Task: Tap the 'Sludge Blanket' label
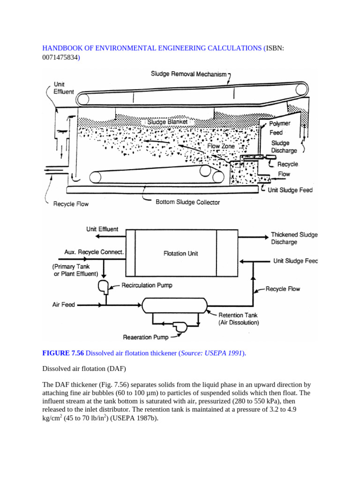coord(167,122)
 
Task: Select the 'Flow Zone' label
coord(221,146)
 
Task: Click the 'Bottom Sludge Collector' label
coord(187,202)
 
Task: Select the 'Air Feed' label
coord(63,305)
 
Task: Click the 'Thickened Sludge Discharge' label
coord(294,238)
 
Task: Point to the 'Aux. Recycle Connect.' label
coord(94,252)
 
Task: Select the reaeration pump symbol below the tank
coord(179,327)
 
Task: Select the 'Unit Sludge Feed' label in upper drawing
coord(289,190)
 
